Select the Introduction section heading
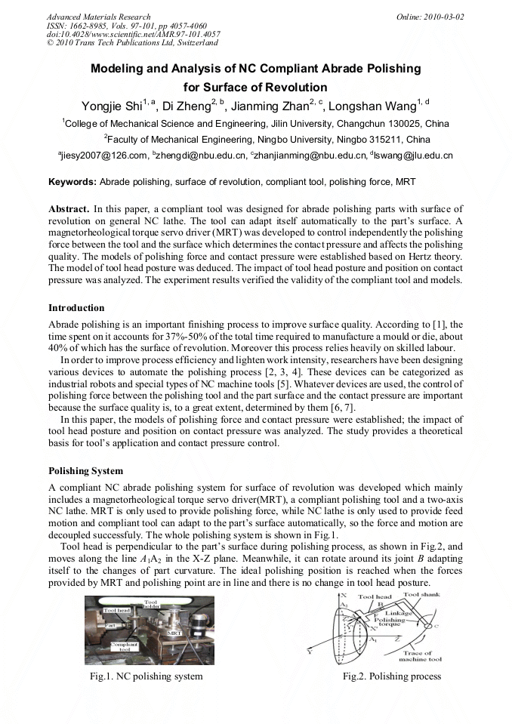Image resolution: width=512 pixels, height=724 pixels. point(76,308)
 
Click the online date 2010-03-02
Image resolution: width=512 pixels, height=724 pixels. point(444,17)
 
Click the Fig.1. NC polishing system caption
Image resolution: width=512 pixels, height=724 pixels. point(146,676)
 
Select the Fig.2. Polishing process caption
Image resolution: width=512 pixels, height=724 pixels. point(391,676)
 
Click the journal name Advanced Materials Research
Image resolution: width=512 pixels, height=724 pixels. point(98,17)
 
